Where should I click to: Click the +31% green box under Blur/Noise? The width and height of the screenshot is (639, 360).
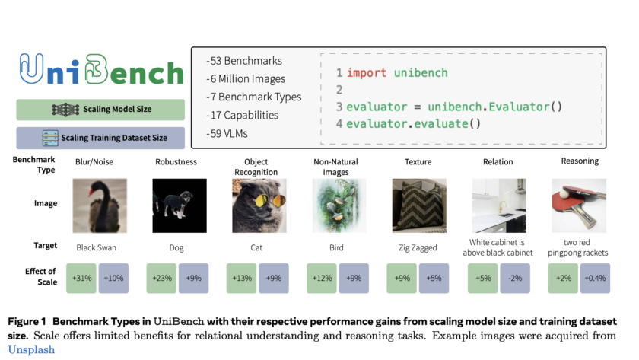pos(81,278)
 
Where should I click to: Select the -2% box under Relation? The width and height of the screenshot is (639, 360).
pos(515,278)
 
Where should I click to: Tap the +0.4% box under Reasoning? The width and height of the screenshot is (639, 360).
pos(595,278)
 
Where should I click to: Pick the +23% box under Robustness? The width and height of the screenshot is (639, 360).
pos(161,278)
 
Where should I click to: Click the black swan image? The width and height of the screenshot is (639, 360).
pos(100,205)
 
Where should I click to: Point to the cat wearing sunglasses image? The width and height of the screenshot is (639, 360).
pos(259,205)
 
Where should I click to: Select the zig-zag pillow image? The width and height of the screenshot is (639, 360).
pos(419,205)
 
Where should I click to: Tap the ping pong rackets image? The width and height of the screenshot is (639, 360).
pos(579,205)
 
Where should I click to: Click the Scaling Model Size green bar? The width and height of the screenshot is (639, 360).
pos(100,110)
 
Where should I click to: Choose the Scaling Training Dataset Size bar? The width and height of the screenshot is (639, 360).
pos(100,138)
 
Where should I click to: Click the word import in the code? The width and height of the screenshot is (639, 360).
pos(367,73)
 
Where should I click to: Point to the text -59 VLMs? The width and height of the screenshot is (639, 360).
pos(227,134)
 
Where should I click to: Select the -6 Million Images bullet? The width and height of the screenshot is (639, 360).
pos(245,78)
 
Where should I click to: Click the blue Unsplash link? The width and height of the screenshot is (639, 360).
pos(31,350)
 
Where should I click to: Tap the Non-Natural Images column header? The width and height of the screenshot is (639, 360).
pos(335,167)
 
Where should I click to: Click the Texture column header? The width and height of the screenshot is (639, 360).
pos(418,162)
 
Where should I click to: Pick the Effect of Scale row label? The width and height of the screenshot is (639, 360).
pos(41,276)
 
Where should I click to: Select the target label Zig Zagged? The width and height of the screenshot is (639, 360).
pos(418,248)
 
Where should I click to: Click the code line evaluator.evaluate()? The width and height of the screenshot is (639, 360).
pos(413,123)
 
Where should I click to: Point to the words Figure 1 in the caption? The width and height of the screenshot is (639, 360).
pos(27,322)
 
